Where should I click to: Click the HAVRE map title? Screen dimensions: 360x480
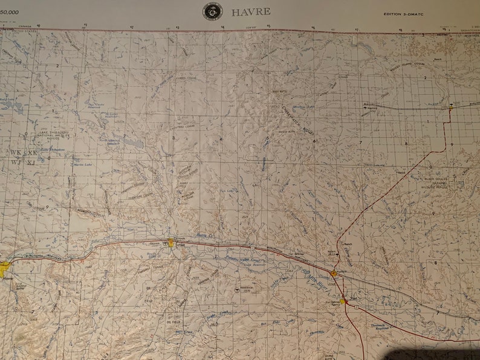[251, 11]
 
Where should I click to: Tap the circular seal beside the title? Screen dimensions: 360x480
[212, 11]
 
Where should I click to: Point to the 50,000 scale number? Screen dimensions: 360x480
[9, 11]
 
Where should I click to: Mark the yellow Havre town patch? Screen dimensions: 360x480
[5, 266]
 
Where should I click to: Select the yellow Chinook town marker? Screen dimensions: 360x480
[172, 243]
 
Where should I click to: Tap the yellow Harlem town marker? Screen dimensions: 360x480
[333, 274]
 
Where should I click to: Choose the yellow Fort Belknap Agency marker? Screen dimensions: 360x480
[343, 300]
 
